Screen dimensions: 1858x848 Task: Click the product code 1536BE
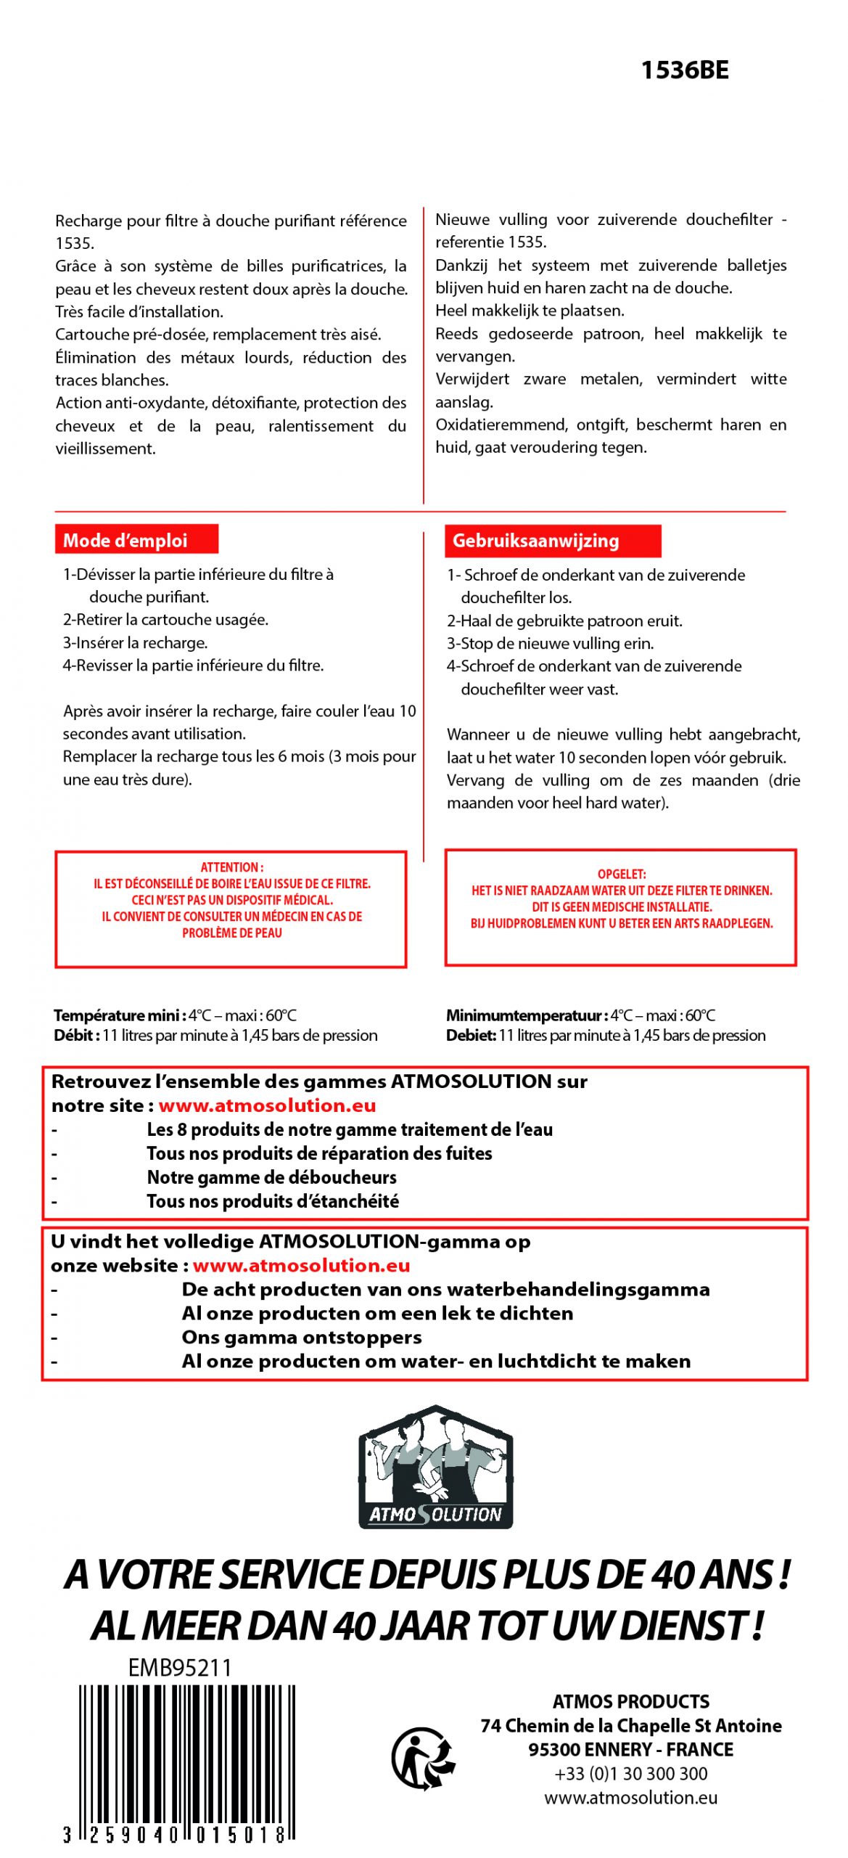coord(684,70)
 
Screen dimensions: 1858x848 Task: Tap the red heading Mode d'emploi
coord(125,540)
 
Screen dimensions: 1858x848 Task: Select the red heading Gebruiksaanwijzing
coord(535,541)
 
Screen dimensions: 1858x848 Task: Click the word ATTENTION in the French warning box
coord(231,867)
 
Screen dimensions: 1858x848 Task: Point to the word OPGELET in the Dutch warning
coord(621,874)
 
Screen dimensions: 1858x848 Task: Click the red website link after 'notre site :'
coord(267,1105)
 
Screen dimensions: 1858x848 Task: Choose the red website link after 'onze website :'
coord(301,1265)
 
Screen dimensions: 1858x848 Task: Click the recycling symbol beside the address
coord(424,1758)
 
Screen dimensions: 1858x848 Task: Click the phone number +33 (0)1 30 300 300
coord(630,1773)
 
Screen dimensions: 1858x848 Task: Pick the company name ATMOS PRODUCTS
coord(630,1701)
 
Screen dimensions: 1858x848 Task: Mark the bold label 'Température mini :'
coord(120,1015)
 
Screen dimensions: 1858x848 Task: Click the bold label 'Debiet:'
coord(471,1035)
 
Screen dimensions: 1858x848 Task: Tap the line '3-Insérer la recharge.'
coord(135,642)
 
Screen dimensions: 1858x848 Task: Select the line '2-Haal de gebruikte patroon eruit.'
coord(564,621)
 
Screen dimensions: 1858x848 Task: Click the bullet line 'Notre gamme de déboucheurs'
coord(271,1176)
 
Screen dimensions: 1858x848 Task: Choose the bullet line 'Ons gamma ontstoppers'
coord(301,1337)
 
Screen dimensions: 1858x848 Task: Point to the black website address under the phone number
coord(630,1797)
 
